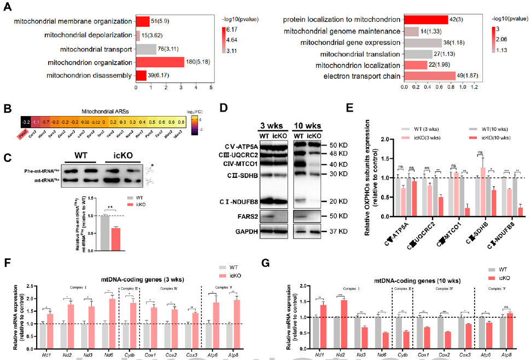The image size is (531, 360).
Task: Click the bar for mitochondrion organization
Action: click(x=160, y=62)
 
